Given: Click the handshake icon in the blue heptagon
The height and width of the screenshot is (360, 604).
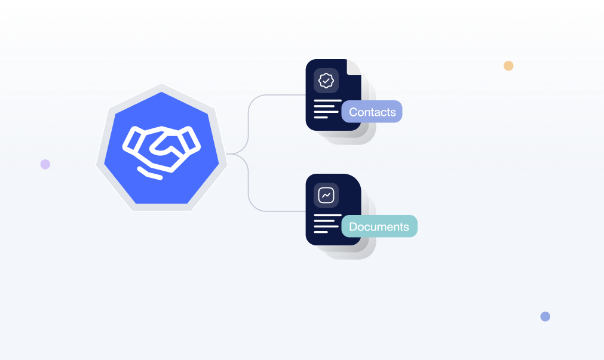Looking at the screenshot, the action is coord(161,150).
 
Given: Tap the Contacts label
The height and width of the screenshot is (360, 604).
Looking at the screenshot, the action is coord(372,112).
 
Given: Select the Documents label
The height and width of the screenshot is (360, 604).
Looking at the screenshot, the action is coord(379,226).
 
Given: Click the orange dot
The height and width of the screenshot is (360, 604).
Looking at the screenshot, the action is coord(508,66).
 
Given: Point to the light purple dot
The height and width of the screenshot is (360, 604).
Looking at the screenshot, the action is coord(45,164).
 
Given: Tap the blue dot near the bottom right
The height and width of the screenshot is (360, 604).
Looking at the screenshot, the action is coord(545,316).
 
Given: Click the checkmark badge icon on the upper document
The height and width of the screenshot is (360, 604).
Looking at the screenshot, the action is coord(326,80).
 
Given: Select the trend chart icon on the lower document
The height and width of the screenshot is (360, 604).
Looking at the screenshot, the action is coord(326,195).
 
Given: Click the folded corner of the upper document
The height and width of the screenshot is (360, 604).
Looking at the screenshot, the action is coord(354,66).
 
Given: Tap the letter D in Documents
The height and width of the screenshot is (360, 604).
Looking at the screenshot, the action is coord(353,227).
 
